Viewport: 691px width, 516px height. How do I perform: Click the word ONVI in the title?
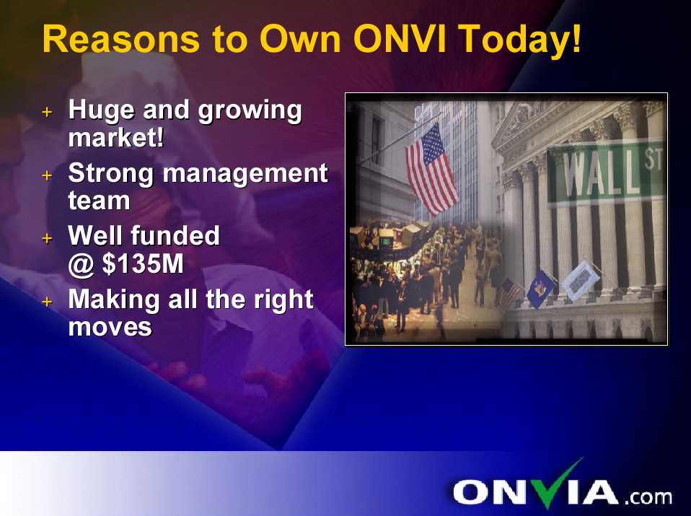pos(400,38)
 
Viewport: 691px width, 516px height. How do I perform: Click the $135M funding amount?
pos(143,263)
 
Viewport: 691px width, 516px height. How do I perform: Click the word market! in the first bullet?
pos(116,138)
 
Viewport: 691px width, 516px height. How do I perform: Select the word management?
pos(245,174)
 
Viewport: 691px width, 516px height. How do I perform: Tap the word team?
pos(99,201)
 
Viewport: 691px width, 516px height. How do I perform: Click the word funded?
pos(175,235)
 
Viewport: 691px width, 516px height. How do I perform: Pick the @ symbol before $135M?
pos(81,265)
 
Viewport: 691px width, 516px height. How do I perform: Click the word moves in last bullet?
pos(110,327)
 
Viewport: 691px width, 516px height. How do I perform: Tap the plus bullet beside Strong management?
pos(47,175)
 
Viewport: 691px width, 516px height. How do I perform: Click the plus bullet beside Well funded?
pos(47,239)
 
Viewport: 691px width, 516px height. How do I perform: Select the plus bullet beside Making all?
pos(47,302)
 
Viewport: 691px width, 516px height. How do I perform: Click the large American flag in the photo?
pos(431,169)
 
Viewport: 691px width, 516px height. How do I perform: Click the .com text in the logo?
pos(648,497)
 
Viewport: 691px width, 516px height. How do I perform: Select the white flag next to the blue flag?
pos(581,281)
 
